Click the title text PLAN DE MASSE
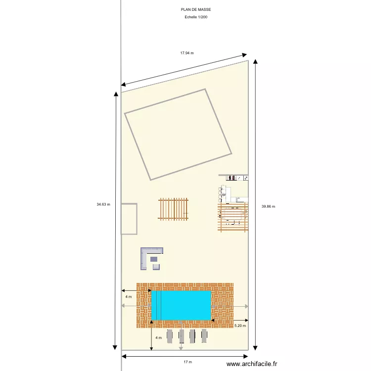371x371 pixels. pyautogui.click(x=192, y=9)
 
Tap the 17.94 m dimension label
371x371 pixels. pyautogui.click(x=186, y=53)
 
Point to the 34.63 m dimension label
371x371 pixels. pyautogui.click(x=103, y=204)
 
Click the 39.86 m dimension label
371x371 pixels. pyautogui.click(x=269, y=207)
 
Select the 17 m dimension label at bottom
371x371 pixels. pyautogui.click(x=187, y=362)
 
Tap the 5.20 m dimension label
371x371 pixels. pyautogui.click(x=240, y=325)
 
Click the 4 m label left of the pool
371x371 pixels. pyautogui.click(x=129, y=297)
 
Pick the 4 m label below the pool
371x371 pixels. pyautogui.click(x=158, y=338)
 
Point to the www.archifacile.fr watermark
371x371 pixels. pyautogui.click(x=252, y=365)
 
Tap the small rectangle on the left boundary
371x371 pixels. pyautogui.click(x=129, y=219)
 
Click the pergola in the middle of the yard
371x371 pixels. pyautogui.click(x=173, y=209)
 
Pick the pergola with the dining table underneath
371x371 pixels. pyautogui.click(x=233, y=217)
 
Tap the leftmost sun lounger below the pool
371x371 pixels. pyautogui.click(x=170, y=336)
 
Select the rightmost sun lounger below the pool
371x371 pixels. pyautogui.click(x=204, y=336)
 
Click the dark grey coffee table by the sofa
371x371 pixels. pyautogui.click(x=154, y=259)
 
